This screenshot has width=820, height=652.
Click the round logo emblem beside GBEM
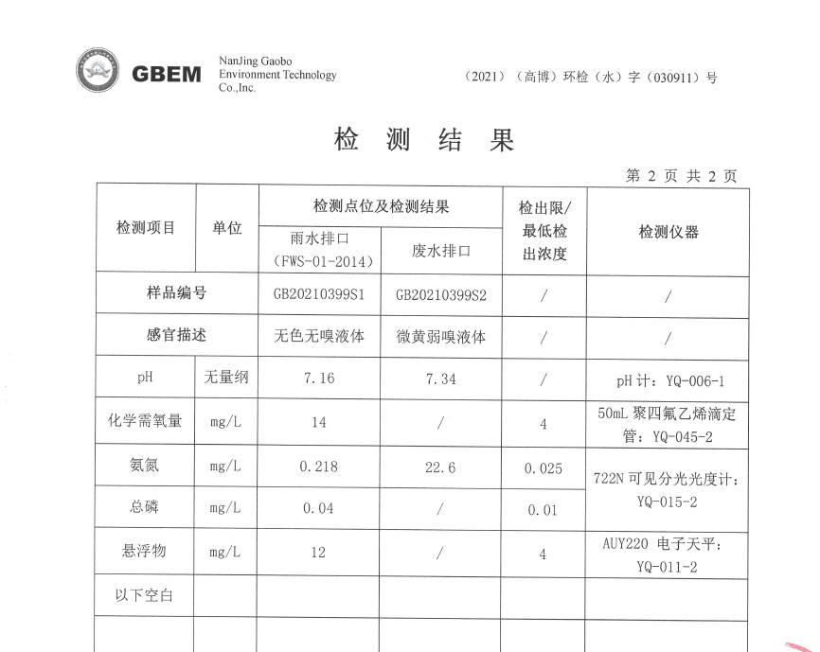coord(98,72)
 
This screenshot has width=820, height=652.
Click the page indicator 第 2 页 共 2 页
coord(681,176)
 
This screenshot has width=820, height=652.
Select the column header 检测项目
coord(146,228)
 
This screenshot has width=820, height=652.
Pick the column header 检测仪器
coord(668,232)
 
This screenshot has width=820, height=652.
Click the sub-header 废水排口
coord(440,251)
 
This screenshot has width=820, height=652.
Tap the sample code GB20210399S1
coord(318,294)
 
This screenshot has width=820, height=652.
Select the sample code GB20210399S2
coord(440,294)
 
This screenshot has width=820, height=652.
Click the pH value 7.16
coord(318,379)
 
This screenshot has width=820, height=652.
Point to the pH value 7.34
coord(440,379)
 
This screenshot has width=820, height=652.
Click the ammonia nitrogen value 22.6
coord(440,467)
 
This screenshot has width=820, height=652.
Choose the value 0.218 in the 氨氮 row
coord(318,467)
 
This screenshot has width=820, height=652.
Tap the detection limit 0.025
coord(543,468)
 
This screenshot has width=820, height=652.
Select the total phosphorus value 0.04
coord(318,508)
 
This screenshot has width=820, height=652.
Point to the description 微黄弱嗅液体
coord(440,336)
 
